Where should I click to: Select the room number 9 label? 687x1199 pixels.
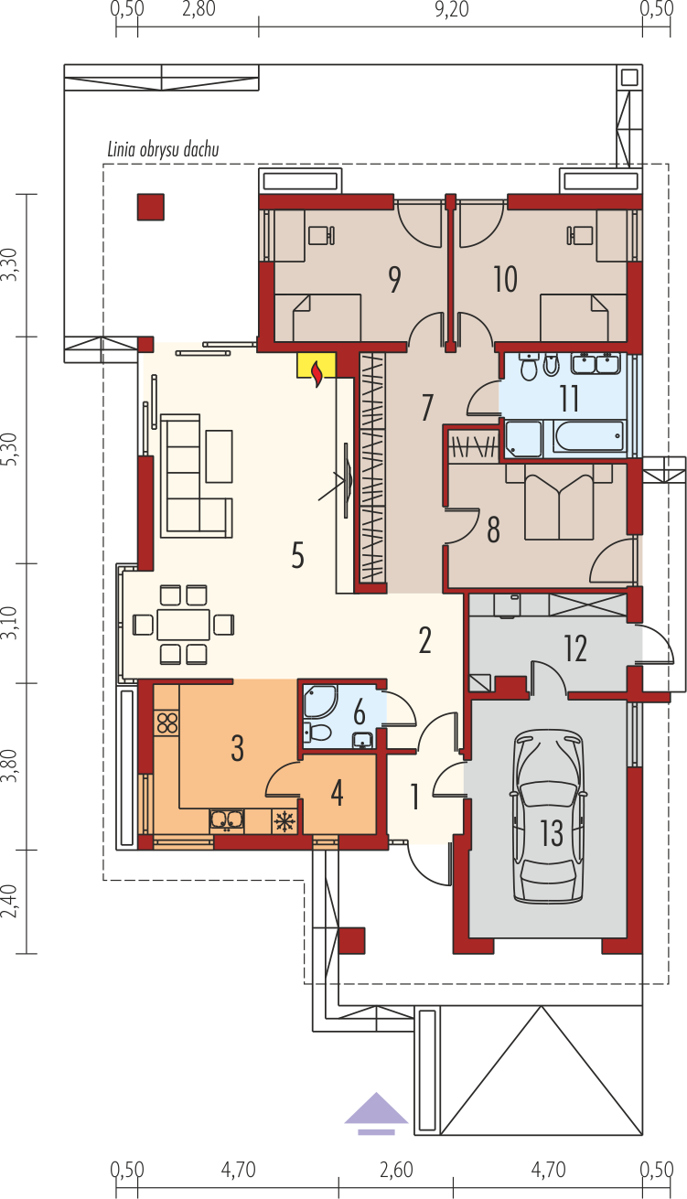tap(394, 280)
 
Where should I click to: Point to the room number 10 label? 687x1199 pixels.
tap(506, 280)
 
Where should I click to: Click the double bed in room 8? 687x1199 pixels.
tap(559, 501)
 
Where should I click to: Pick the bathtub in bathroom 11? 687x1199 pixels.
tap(588, 436)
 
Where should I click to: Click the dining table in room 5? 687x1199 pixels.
tap(183, 624)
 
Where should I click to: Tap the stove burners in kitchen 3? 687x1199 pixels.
tap(167, 723)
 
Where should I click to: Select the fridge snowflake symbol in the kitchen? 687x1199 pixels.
tap(284, 821)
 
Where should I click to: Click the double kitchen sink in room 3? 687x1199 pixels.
tap(227, 820)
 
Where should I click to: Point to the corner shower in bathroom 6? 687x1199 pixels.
tap(319, 701)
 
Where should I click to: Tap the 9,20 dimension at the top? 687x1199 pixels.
tap(451, 10)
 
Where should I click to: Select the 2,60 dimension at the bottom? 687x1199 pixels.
tap(396, 1170)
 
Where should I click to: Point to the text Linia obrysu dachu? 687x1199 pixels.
tap(164, 149)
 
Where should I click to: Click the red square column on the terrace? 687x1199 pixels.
tap(150, 207)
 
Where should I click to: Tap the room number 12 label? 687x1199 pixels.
tap(575, 648)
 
